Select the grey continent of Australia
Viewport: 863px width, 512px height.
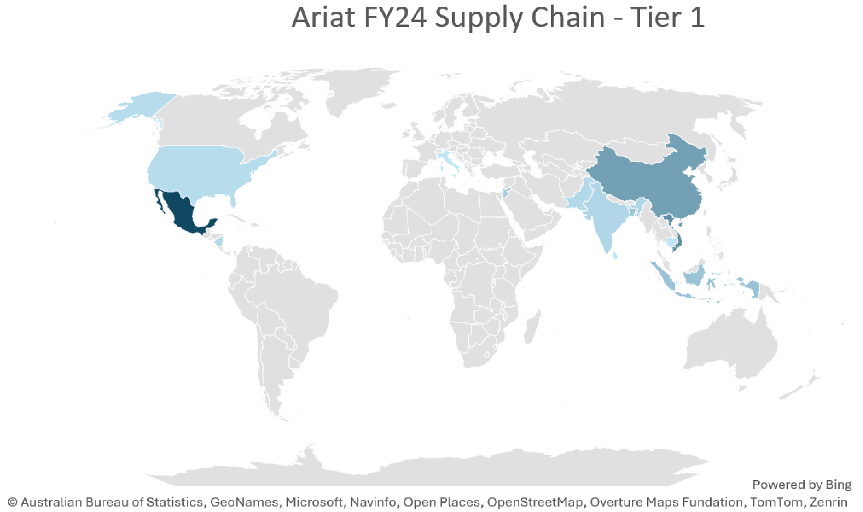(x=729, y=346)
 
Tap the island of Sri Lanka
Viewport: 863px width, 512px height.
(x=615, y=255)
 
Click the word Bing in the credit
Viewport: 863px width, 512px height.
(x=838, y=485)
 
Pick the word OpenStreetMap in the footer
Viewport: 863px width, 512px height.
(x=535, y=502)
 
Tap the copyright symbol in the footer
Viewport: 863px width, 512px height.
(x=13, y=502)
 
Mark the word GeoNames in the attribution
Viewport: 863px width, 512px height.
(x=244, y=502)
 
